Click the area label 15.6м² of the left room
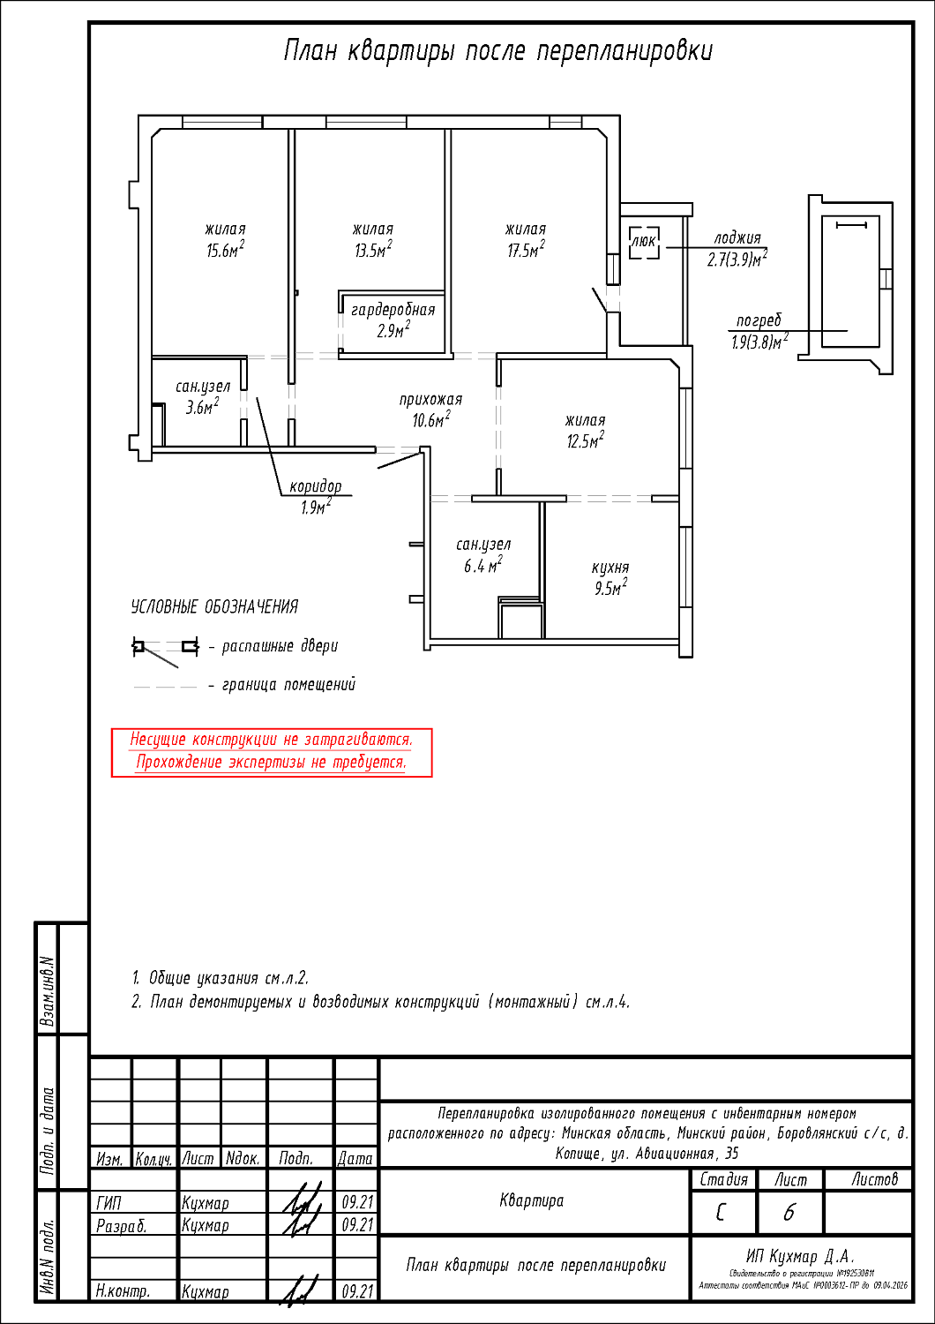[x=225, y=251]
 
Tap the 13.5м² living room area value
[x=373, y=251]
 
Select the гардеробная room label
[x=393, y=310]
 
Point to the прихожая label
[x=430, y=400]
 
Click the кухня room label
[x=610, y=568]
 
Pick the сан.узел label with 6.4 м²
[x=483, y=545]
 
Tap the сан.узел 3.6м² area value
[x=202, y=407]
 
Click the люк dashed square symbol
[x=644, y=242]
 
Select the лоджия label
[x=737, y=237]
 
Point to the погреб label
[x=759, y=320]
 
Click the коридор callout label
[x=315, y=486]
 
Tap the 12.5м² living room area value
[x=585, y=441]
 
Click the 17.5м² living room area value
[x=525, y=251]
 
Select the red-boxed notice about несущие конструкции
[x=272, y=752]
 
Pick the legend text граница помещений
[x=289, y=685]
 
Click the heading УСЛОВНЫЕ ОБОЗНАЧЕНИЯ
[x=214, y=607]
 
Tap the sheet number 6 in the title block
[x=789, y=1213]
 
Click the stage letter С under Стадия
[x=722, y=1213]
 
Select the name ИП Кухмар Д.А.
[x=801, y=1256]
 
